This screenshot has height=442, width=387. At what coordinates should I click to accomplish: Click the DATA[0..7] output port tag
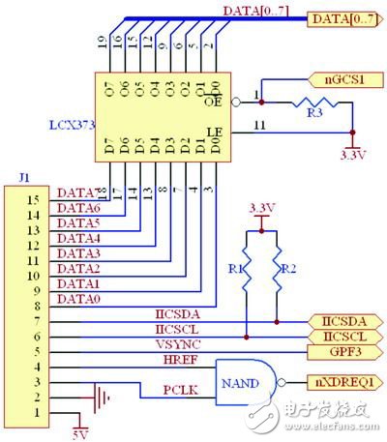[x=344, y=16]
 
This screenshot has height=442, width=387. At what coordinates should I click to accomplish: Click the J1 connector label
[x=24, y=177]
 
